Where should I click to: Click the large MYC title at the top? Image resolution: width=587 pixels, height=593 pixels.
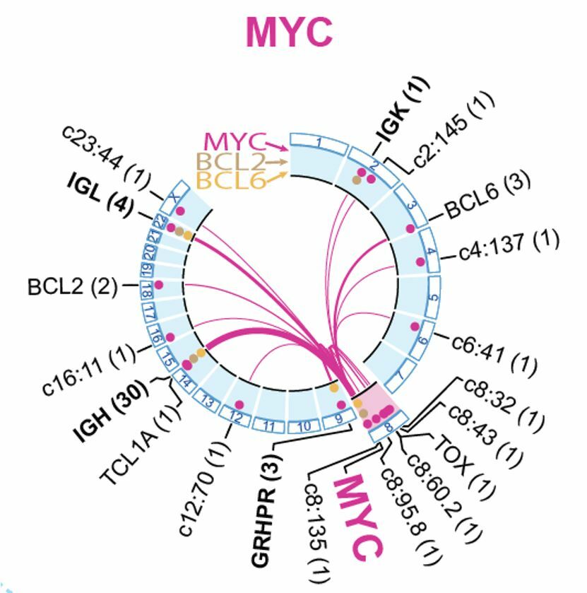[x=289, y=33]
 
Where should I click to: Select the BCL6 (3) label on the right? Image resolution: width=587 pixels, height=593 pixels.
[x=487, y=197]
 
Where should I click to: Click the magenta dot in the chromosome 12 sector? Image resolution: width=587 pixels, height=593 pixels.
[x=239, y=405]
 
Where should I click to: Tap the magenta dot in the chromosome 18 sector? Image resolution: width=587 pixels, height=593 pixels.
[x=159, y=284]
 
